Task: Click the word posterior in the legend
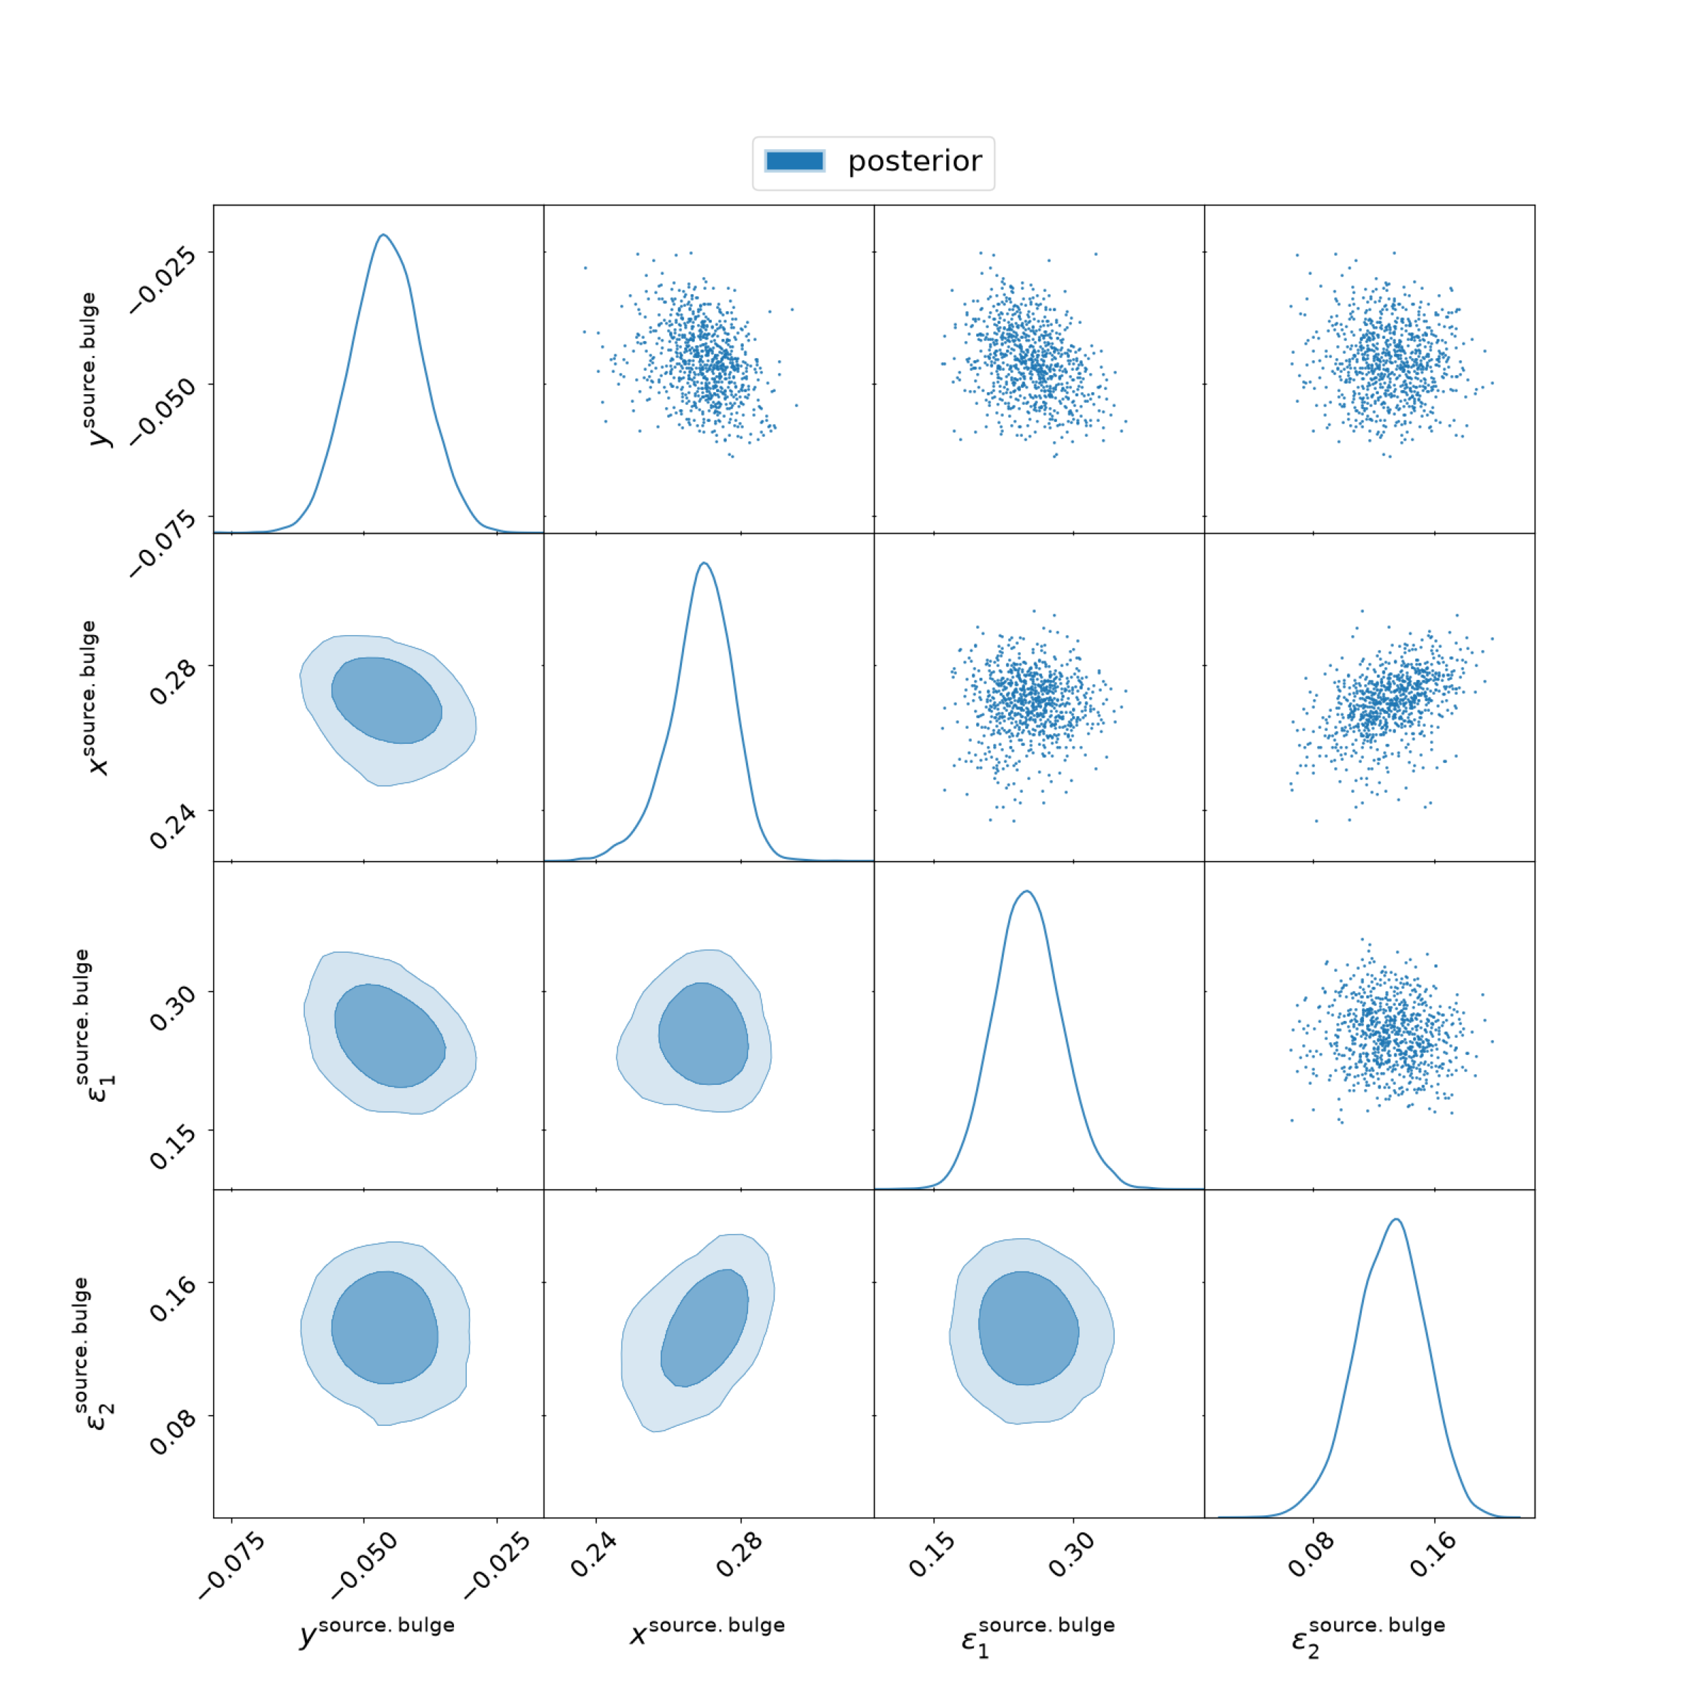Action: click(x=914, y=161)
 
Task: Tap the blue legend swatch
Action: click(x=794, y=161)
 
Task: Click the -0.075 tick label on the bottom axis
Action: click(x=231, y=1566)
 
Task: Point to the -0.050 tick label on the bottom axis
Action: click(x=364, y=1566)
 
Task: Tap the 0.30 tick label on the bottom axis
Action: click(x=1071, y=1555)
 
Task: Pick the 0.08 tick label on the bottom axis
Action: click(x=1311, y=1555)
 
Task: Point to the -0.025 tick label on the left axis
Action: click(x=163, y=279)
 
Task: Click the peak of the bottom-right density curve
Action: click(x=1396, y=1219)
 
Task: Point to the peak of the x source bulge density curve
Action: click(x=703, y=563)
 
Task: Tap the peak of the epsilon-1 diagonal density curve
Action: click(x=1025, y=892)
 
